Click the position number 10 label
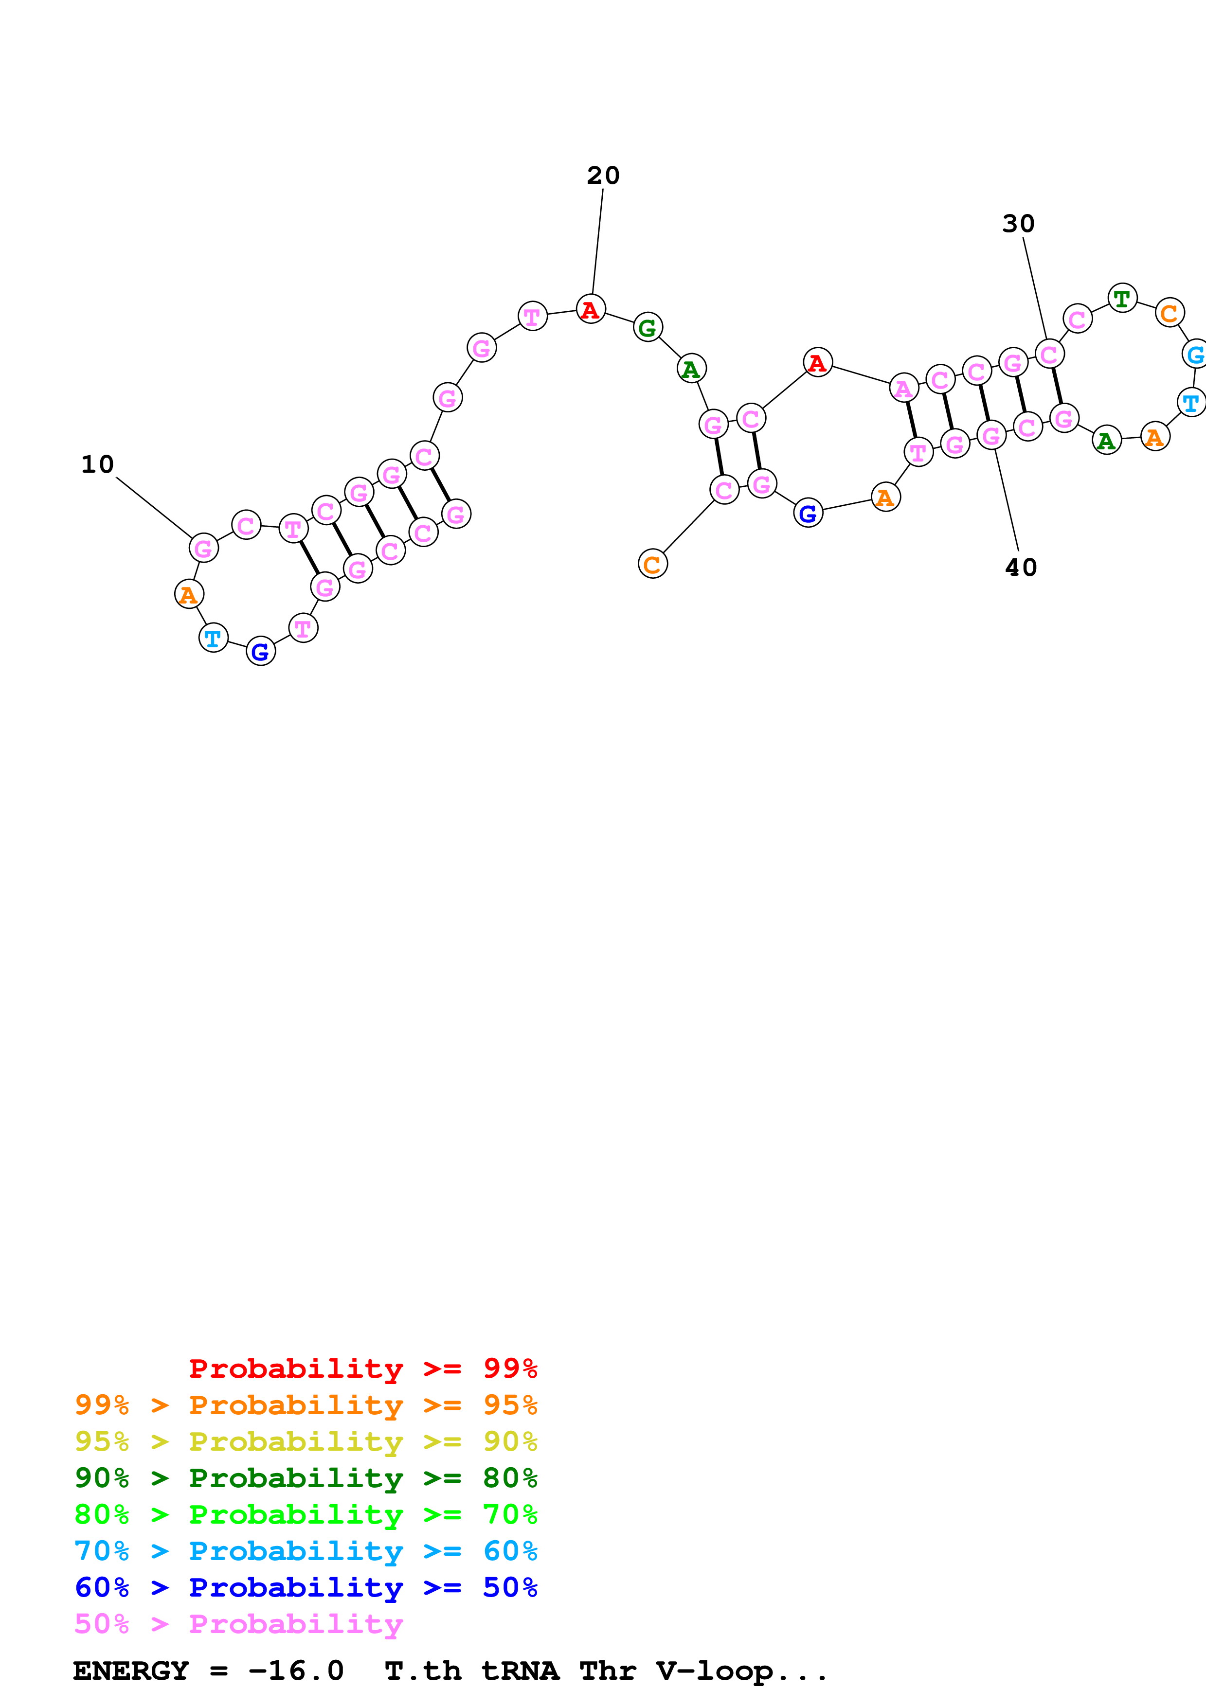point(97,464)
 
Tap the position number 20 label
point(603,176)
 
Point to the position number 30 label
point(1018,224)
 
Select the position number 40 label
point(1021,568)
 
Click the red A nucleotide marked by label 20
point(591,309)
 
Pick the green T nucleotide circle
point(1122,299)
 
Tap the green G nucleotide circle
point(648,327)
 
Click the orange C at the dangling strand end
point(652,564)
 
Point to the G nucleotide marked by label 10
point(204,549)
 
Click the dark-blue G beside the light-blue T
point(260,652)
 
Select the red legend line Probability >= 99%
point(362,1368)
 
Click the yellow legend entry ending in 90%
point(306,1441)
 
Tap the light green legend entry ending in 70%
point(306,1514)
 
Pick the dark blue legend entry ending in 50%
point(306,1587)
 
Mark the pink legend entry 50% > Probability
point(238,1624)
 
